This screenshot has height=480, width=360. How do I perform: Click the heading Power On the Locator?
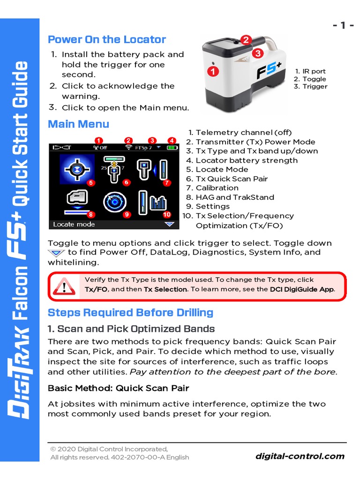pyautogui.click(x=107, y=39)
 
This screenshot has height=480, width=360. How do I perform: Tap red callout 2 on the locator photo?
pyautogui.click(x=246, y=40)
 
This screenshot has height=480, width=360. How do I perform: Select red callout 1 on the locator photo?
pyautogui.click(x=213, y=72)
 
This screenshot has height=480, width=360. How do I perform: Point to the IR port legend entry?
pyautogui.click(x=310, y=71)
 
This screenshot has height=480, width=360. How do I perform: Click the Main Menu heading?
pyautogui.click(x=78, y=124)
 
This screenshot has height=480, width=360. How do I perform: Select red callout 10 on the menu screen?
pyautogui.click(x=167, y=215)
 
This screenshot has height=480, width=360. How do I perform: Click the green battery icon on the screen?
pyautogui.click(x=172, y=148)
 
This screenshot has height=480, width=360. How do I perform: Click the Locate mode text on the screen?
pyautogui.click(x=74, y=225)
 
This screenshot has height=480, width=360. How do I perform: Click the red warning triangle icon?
pyautogui.click(x=64, y=285)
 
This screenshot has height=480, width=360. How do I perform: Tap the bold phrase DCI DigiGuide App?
pyautogui.click(x=302, y=289)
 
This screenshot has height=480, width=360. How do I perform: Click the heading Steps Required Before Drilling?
pyautogui.click(x=130, y=313)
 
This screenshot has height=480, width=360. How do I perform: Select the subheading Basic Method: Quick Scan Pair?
pyautogui.click(x=118, y=388)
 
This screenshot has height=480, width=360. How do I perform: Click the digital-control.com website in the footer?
pyautogui.click(x=300, y=456)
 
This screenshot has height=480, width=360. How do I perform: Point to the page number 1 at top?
pyautogui.click(x=343, y=25)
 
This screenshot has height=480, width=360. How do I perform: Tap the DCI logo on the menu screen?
pyautogui.click(x=61, y=148)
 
